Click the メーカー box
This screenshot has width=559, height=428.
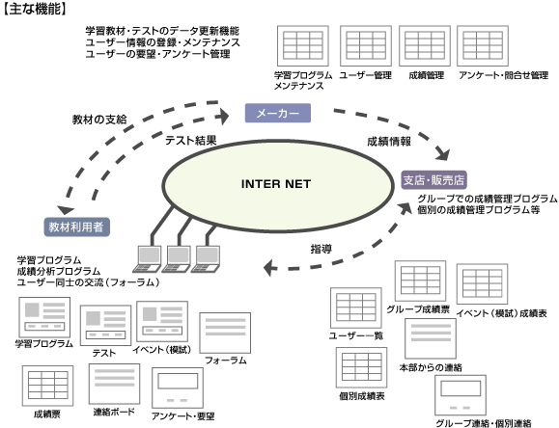(278, 113)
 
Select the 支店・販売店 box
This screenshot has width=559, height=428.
(433, 180)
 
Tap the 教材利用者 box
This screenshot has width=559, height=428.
(76, 227)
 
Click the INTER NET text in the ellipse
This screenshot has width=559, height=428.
(276, 184)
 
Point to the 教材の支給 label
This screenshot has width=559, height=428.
(99, 120)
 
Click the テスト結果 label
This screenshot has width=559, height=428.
(191, 141)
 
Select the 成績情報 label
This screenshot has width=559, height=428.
(389, 142)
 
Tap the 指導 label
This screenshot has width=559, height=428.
(321, 249)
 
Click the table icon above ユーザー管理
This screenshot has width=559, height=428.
(366, 46)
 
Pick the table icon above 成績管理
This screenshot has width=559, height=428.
(425, 46)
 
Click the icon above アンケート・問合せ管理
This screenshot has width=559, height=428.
(483, 46)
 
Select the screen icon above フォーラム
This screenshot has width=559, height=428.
(225, 333)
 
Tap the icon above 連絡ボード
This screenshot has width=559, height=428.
(115, 384)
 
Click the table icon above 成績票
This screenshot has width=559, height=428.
(47, 386)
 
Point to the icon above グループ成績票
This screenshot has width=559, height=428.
(420, 281)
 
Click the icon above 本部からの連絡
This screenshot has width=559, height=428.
(431, 338)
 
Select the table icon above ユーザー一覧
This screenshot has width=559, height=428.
(356, 308)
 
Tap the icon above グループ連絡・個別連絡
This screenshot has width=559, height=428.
(461, 395)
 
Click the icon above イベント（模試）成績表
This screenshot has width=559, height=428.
(482, 284)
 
